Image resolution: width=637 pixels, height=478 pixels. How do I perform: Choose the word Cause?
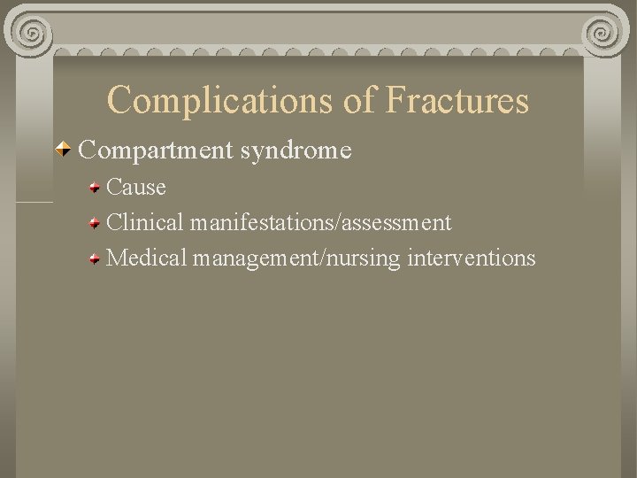(x=136, y=188)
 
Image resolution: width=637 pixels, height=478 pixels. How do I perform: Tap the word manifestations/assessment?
(x=324, y=222)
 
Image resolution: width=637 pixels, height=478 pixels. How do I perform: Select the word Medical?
(x=148, y=258)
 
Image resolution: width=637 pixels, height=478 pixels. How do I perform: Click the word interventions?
(x=472, y=258)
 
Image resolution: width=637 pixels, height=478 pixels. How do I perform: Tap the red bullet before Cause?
(x=95, y=188)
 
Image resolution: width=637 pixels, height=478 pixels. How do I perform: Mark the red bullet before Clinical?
(x=95, y=222)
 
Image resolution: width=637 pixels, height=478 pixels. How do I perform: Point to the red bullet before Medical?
(x=95, y=258)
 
